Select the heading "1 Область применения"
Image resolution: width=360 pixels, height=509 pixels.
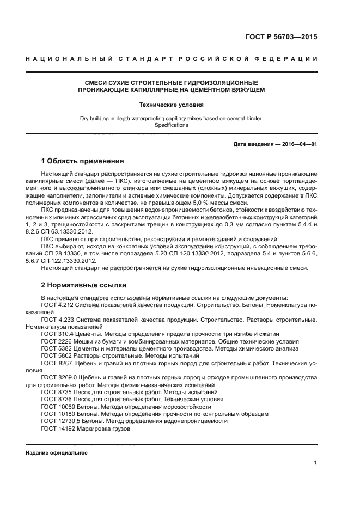[x=82, y=161]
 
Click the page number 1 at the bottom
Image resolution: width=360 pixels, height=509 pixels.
[x=315, y=463]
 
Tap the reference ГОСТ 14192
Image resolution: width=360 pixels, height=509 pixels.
[x=57, y=428]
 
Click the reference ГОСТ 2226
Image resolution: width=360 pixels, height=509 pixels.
[x=55, y=341]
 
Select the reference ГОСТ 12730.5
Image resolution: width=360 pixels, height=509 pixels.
[x=60, y=421]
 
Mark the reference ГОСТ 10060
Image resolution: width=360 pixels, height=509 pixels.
[x=57, y=407]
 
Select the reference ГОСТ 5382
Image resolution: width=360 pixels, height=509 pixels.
[x=55, y=348]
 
